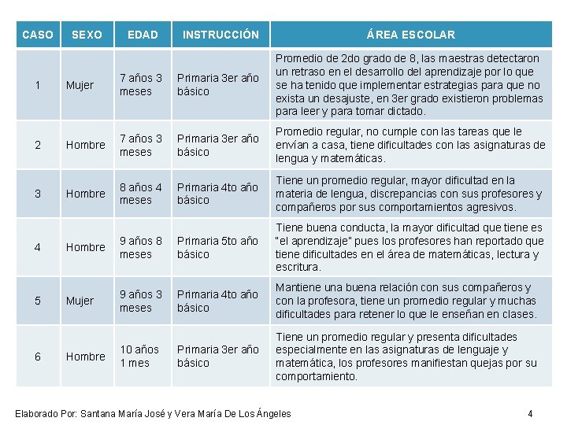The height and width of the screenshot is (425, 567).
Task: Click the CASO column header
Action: point(38,35)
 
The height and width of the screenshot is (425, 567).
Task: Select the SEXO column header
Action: point(87,35)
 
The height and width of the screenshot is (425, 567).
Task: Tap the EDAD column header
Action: point(143,35)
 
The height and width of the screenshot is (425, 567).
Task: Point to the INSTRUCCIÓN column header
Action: point(220,35)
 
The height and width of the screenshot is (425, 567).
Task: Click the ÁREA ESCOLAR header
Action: point(410,35)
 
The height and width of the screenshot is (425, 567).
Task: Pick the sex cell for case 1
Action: point(80,85)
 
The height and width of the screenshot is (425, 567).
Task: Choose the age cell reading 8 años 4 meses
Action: point(141,194)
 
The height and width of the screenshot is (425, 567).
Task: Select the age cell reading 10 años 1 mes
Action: point(139,356)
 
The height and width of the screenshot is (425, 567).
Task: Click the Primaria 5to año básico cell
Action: point(217,247)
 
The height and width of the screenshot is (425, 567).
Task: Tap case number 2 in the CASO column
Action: point(38,145)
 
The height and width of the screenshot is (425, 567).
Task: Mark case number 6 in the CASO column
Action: point(38,357)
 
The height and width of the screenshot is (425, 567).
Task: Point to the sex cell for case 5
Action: point(80,301)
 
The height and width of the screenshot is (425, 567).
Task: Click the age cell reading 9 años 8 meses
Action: point(141,247)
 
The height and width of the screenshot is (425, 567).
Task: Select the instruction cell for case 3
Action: point(217,194)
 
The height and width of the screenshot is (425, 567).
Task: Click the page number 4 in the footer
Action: point(531,413)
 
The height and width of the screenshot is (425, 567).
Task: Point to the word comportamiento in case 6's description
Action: point(315,376)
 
